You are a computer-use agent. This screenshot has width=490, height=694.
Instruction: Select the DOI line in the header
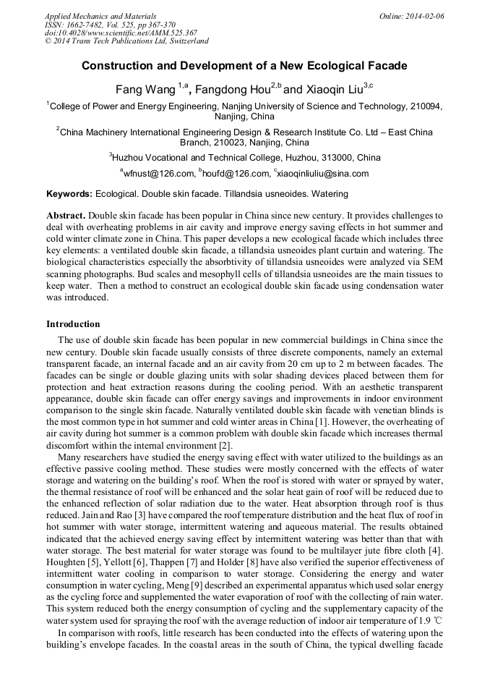pyautogui.click(x=121, y=33)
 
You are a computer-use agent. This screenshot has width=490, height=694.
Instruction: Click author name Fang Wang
pyautogui.click(x=146, y=90)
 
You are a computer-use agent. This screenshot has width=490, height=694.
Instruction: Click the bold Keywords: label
pyautogui.click(x=69, y=194)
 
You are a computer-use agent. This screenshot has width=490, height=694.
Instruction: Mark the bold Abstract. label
pyautogui.click(x=66, y=216)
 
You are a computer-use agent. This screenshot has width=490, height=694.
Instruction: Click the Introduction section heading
pyautogui.click(x=73, y=323)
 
